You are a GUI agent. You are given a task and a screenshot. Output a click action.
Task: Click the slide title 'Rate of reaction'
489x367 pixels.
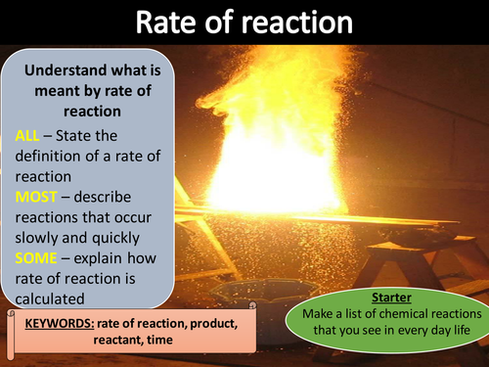pyautogui.click(x=244, y=22)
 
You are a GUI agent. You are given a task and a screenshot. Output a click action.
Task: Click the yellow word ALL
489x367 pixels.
pyautogui.click(x=28, y=134)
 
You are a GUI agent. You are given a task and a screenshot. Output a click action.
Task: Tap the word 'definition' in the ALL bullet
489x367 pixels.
pyautogui.click(x=49, y=155)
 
